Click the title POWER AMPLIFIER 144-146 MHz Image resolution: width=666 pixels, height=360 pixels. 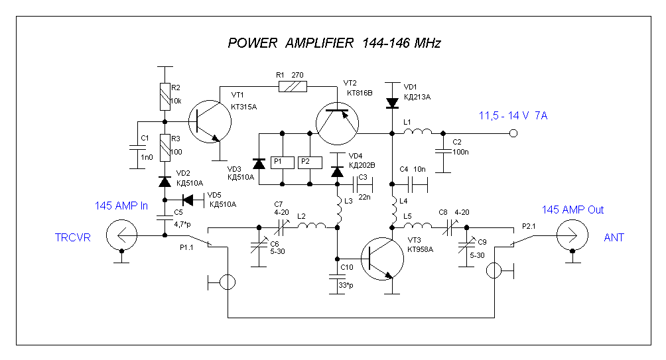(334, 44)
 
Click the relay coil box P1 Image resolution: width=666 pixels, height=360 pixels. (279, 162)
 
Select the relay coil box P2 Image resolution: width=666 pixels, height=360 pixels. (305, 162)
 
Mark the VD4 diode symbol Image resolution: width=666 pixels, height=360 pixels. (337, 172)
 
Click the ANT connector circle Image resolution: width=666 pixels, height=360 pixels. (571, 236)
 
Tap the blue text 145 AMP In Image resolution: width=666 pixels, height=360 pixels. (121, 206)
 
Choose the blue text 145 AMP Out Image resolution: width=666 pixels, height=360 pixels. (572, 210)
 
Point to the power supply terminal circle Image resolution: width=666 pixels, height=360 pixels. (513, 134)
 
